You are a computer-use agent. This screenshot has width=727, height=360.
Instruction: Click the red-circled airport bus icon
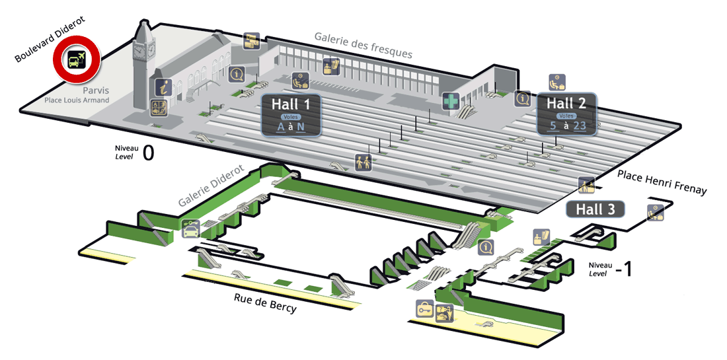click(77, 59)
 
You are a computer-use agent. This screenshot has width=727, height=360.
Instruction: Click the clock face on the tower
click(139, 50)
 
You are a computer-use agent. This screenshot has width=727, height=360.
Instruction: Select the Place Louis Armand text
click(77, 100)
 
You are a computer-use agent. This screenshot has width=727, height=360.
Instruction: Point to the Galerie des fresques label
click(363, 45)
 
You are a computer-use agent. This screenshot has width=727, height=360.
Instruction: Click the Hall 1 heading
click(291, 104)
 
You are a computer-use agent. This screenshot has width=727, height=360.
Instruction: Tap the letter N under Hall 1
click(301, 126)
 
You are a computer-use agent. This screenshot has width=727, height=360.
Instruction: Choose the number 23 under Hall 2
click(580, 126)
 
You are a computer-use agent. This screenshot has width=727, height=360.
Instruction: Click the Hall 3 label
click(595, 209)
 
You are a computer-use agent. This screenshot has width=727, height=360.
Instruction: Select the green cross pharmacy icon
click(450, 101)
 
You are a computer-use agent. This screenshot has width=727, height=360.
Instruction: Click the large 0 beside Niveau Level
click(148, 153)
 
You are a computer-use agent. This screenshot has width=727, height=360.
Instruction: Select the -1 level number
click(623, 270)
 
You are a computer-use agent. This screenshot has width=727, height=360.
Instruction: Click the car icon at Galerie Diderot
click(190, 229)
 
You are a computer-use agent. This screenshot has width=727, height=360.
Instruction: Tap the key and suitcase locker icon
click(425, 308)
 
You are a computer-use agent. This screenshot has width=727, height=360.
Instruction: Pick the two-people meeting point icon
click(363, 162)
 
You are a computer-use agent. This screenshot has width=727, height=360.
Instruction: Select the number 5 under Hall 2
click(553, 126)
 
